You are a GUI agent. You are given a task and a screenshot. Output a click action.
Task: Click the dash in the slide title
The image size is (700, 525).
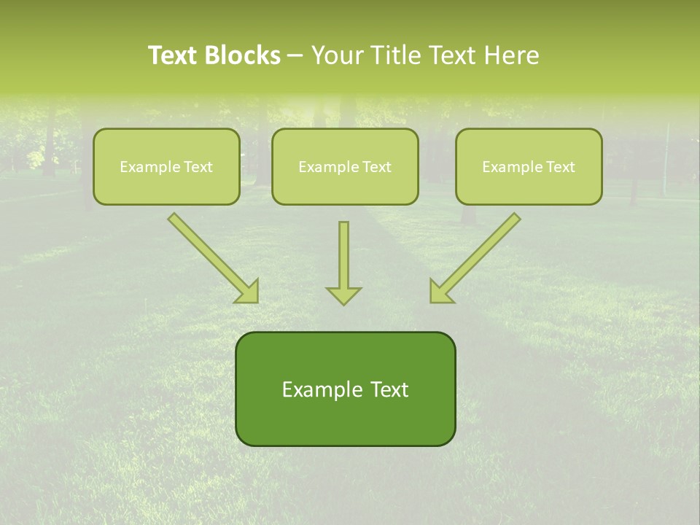(295, 55)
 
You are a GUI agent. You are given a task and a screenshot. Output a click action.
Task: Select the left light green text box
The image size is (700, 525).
(166, 166)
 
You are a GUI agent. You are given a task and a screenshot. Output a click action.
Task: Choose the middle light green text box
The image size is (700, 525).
(345, 166)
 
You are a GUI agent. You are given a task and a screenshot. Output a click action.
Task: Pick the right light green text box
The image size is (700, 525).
(529, 166)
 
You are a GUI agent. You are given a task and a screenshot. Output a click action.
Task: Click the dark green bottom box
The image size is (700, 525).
(345, 389)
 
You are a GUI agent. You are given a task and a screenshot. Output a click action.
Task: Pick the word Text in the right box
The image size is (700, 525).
(560, 167)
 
